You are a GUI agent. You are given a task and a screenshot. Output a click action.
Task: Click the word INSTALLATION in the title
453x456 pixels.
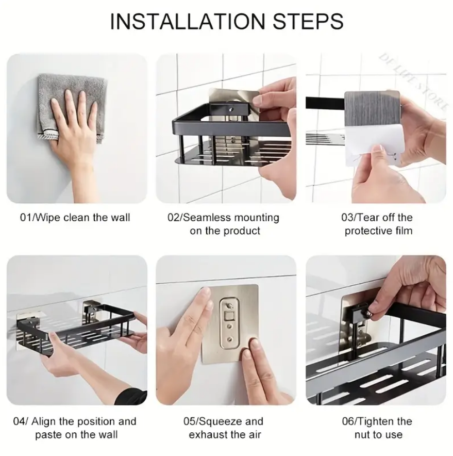(187, 21)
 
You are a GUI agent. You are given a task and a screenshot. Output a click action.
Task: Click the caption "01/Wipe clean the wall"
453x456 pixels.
(75, 218)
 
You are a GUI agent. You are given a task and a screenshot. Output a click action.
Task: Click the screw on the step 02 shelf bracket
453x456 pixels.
(231, 110)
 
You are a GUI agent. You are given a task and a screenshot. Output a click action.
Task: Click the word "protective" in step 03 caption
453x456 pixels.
(368, 231)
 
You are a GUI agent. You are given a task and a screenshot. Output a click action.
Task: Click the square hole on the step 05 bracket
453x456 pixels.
(230, 315)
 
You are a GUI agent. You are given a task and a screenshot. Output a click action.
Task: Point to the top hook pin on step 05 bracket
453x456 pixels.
(229, 305)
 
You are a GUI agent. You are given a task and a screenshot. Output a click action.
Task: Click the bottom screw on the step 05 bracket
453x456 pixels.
(230, 339)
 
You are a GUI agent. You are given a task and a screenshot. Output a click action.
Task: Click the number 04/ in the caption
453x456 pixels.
(21, 421)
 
